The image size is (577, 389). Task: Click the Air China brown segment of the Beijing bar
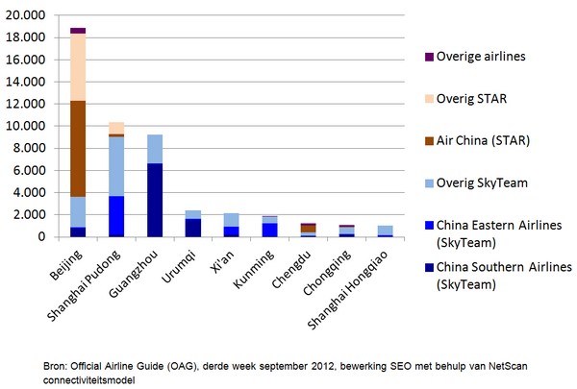78,149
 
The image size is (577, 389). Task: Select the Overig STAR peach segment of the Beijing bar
78,67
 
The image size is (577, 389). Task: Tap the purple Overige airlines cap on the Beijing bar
78,31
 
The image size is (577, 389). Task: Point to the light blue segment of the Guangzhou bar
155,149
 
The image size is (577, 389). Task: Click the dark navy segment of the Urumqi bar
193,228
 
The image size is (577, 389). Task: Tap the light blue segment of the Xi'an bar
232,220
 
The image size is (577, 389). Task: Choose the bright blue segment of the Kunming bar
270,230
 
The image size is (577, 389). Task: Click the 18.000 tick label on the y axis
27,37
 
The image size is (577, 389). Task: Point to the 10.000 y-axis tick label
27,126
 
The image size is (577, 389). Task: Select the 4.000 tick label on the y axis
30,192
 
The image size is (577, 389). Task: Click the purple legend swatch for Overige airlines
414,57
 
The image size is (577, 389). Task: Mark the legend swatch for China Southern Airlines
414,266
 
